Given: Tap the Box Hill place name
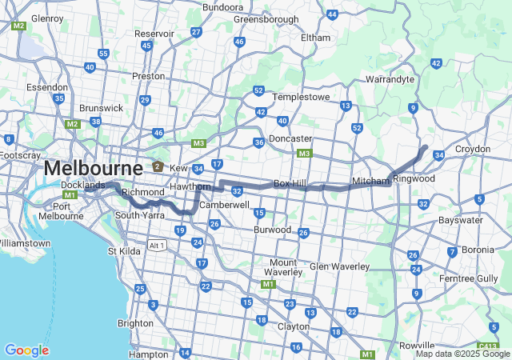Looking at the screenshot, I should coord(291,183).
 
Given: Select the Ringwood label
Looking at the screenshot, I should coord(414,178).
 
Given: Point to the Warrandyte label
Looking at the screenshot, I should coord(390,79).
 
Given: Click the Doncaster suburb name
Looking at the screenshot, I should coord(290,138).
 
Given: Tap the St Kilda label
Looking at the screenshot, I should coord(124,251).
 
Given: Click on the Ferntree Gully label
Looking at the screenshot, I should coord(480,278).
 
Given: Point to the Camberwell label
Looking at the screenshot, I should coord(225,205).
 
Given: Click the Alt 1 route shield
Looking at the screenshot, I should coord(158,246).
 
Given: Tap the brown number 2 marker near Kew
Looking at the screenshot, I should coord(158,168).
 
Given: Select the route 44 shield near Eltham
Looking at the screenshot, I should coord(332,14).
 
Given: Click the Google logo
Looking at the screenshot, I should coord(26,350).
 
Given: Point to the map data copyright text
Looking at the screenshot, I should coord(462,354).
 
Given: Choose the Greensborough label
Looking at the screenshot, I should coord(266,19).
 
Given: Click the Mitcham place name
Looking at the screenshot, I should coord(370,181).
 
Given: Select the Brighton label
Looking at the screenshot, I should coord(135,323).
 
